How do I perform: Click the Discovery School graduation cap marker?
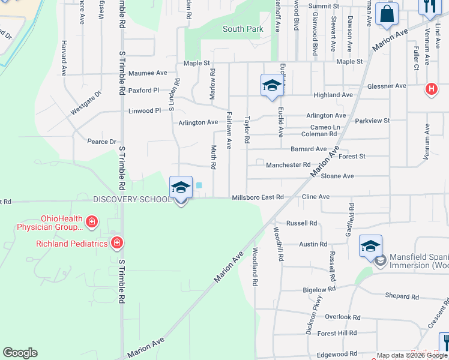(181, 188)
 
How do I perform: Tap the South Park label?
(243, 29)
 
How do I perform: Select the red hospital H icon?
(430, 90)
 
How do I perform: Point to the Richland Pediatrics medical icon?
(117, 243)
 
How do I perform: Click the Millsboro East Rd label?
(258, 197)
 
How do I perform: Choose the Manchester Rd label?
(288, 164)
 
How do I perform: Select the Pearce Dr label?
(101, 142)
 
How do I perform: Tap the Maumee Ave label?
(148, 73)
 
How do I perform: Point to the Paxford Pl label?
(143, 91)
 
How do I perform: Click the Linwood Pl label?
(145, 111)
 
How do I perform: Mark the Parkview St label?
(372, 121)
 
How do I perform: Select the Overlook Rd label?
(342, 317)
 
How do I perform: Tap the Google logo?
(20, 353)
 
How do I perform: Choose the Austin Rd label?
(313, 244)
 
